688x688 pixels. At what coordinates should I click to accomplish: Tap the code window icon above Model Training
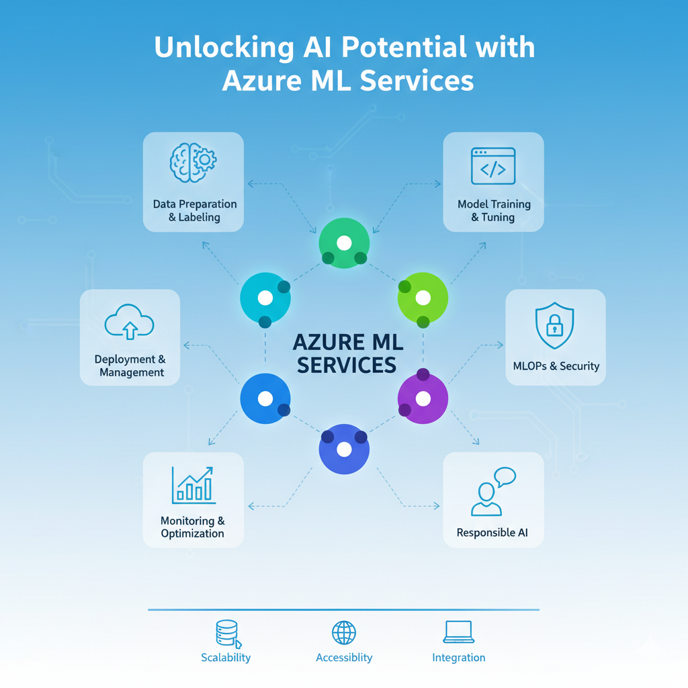493,166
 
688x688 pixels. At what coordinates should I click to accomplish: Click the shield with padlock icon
554,326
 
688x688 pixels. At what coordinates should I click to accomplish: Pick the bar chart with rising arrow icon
193,484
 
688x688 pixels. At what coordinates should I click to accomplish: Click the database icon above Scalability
227,633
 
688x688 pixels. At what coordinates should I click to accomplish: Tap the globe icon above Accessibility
344,632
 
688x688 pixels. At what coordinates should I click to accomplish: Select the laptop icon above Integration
459,632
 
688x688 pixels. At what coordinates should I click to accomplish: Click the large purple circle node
423,399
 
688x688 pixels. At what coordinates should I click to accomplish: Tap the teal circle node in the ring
265,298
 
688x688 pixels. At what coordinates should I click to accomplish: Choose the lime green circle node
423,298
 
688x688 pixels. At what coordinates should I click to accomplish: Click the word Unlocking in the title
220,48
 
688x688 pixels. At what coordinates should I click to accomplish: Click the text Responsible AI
492,533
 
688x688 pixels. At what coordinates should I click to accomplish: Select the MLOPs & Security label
556,366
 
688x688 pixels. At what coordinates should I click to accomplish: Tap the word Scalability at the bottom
226,658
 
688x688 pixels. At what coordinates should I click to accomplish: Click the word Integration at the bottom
459,658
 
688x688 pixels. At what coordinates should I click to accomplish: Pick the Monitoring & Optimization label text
193,527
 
